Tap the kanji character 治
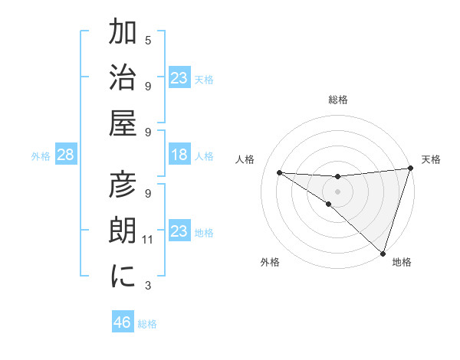123,77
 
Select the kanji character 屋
123,123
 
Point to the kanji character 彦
123,185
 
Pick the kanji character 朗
123,231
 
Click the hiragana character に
123,276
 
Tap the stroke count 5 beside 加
148,40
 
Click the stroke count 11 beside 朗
148,240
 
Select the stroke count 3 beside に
148,286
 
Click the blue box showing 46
123,322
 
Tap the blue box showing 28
66,155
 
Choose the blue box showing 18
179,155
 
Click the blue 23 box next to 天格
179,78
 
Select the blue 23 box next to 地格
179,231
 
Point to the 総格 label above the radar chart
338,100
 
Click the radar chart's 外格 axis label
270,262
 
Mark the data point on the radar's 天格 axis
411,169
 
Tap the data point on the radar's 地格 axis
383,253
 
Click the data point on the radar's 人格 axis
279,172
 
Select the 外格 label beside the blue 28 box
41,156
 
